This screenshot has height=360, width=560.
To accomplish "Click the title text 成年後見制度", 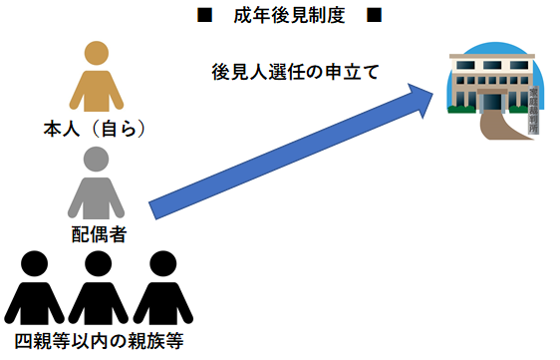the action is [x=279, y=17].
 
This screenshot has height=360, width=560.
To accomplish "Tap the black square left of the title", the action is [x=204, y=17].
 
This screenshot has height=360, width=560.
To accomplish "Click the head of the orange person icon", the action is [x=97, y=55].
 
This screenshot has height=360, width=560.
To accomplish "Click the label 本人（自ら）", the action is [x=97, y=131].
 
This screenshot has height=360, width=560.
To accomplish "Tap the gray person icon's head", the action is [x=97, y=160].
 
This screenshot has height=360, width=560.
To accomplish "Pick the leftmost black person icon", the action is [x=36, y=289].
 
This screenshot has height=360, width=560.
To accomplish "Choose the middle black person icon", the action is [x=97, y=289].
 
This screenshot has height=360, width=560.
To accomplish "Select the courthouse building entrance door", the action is [x=491, y=102].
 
